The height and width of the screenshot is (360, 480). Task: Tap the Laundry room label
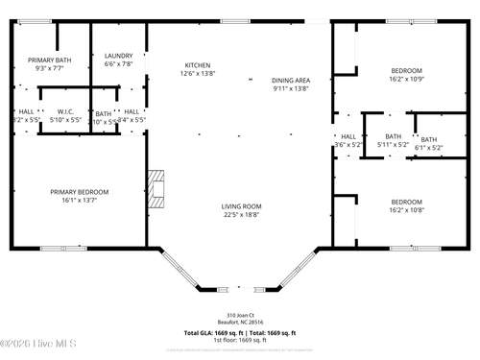pyautogui.click(x=118, y=56)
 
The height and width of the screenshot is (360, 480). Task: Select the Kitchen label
pyautogui.click(x=197, y=65)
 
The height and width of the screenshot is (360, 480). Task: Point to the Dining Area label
pyautogui.click(x=290, y=81)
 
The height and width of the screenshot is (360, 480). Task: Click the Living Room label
pyautogui.click(x=242, y=206)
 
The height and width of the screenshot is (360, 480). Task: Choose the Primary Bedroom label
pyautogui.click(x=80, y=192)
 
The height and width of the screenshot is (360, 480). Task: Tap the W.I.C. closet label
pyautogui.click(x=66, y=111)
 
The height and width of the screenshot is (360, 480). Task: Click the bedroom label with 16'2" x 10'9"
pyautogui.click(x=406, y=71)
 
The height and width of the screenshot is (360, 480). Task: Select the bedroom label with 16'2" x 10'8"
pyautogui.click(x=406, y=202)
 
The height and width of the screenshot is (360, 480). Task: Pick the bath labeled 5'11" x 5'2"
pyautogui.click(x=393, y=136)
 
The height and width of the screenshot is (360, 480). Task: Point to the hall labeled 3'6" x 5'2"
pyautogui.click(x=348, y=136)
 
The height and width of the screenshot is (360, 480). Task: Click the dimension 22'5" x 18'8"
pyautogui.click(x=242, y=215)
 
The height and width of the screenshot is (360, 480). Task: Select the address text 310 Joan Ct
pyautogui.click(x=240, y=314)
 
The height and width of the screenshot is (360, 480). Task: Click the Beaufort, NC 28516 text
pyautogui.click(x=240, y=322)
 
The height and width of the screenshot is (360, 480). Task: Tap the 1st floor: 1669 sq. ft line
pyautogui.click(x=240, y=340)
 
